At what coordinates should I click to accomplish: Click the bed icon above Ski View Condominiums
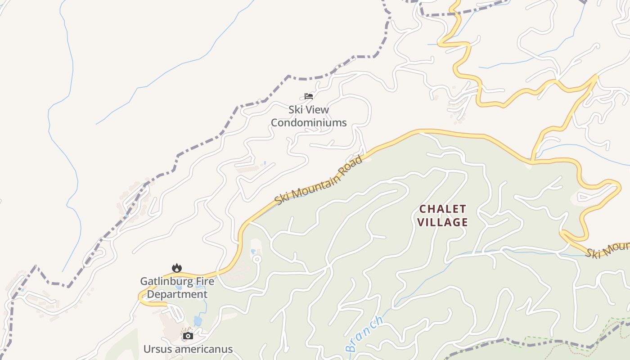[x=308, y=96]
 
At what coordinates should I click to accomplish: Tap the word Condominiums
[x=309, y=122]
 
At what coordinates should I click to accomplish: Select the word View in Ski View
[x=317, y=109]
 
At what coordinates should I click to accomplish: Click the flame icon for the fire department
[x=177, y=268]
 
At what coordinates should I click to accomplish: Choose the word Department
[x=177, y=294]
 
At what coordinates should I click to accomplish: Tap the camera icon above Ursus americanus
[x=188, y=336]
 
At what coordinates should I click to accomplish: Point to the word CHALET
[x=442, y=209]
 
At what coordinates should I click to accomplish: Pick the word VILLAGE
[x=442, y=222]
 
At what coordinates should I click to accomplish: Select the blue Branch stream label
[x=365, y=333]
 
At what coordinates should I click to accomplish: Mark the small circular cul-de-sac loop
[x=257, y=259]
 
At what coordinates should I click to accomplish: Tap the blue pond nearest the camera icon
[x=198, y=321]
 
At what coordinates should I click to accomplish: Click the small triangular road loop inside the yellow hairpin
[x=585, y=196]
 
